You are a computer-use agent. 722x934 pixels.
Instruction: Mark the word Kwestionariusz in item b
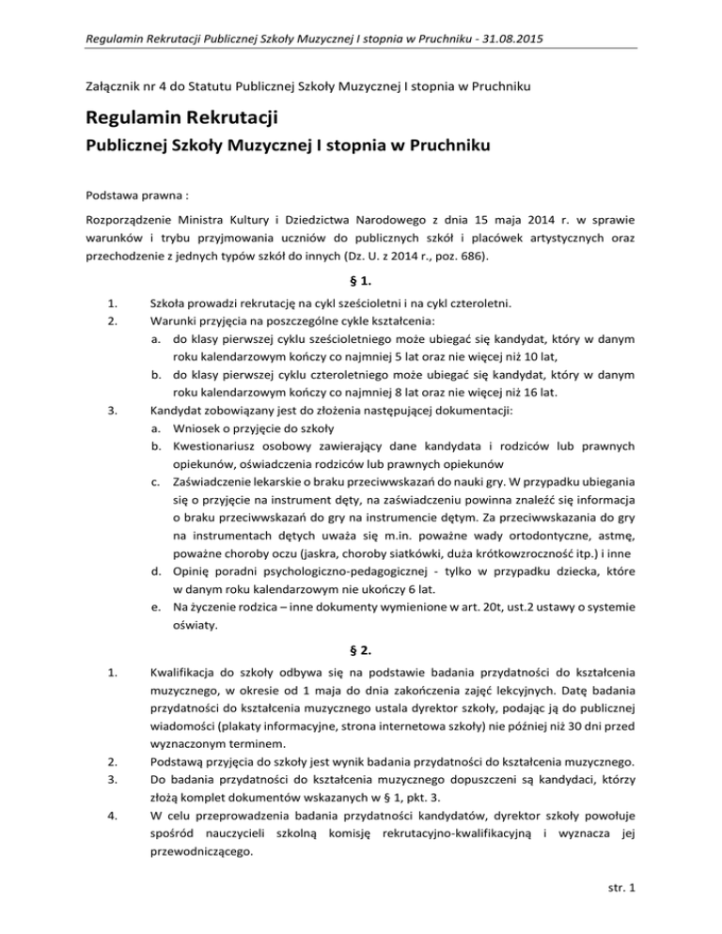point(219,468)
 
